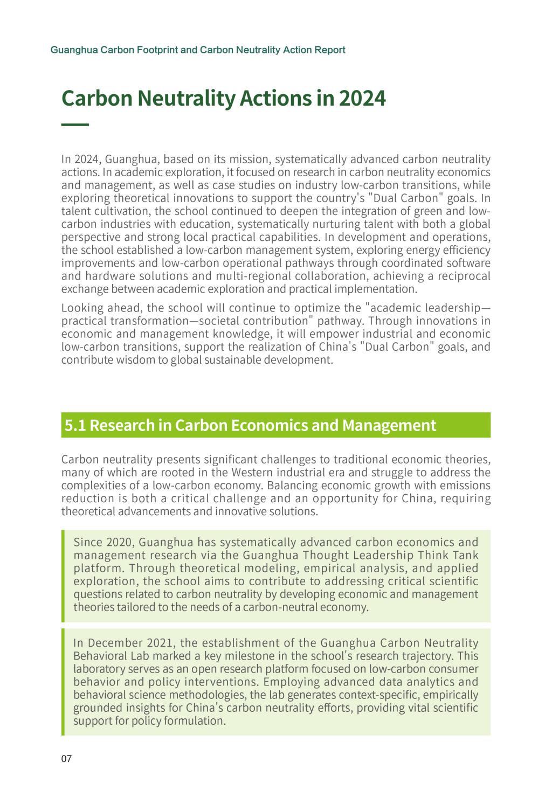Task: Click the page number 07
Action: coord(66,759)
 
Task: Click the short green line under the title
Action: coord(75,125)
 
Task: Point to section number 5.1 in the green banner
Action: coord(75,425)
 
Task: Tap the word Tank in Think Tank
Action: coord(466,555)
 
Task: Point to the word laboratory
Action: coord(99,669)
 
